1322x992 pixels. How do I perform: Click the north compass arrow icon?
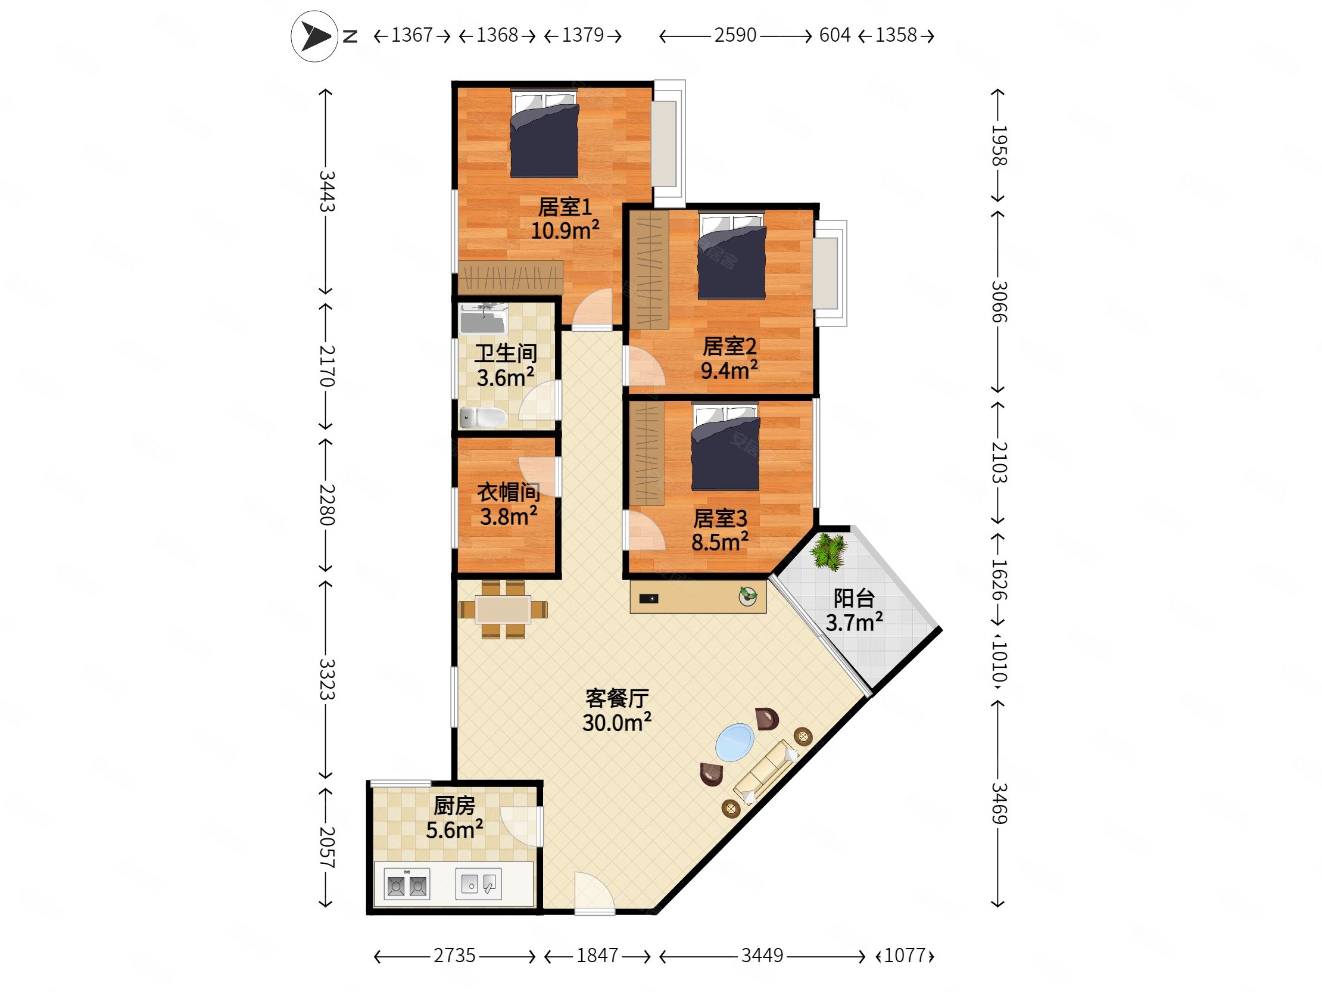pos(315,36)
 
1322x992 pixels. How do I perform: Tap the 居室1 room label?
pos(565,207)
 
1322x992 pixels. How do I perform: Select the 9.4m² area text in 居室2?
pos(729,370)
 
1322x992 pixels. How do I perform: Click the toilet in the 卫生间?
pos(483,417)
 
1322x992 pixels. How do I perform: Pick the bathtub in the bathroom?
pos(483,319)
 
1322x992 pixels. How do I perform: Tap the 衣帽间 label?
pos(509,492)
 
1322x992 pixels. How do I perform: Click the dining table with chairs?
pos(503,609)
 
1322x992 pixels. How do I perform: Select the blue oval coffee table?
pos(734,742)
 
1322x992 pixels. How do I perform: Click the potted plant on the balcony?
pos(830,551)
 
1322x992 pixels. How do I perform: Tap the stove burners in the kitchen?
pos(407,884)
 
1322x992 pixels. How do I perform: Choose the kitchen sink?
pos(478,883)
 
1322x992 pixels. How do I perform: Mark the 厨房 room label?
pos(454,806)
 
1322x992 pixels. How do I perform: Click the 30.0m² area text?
pos(617,722)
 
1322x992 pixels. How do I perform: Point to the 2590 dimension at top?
pos(735,35)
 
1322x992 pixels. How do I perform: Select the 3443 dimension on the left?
pos(326,191)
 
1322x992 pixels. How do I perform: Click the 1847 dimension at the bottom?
pos(597,956)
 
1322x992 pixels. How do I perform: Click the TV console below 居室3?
pos(698,596)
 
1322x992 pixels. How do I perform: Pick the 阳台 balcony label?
pos(854,598)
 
